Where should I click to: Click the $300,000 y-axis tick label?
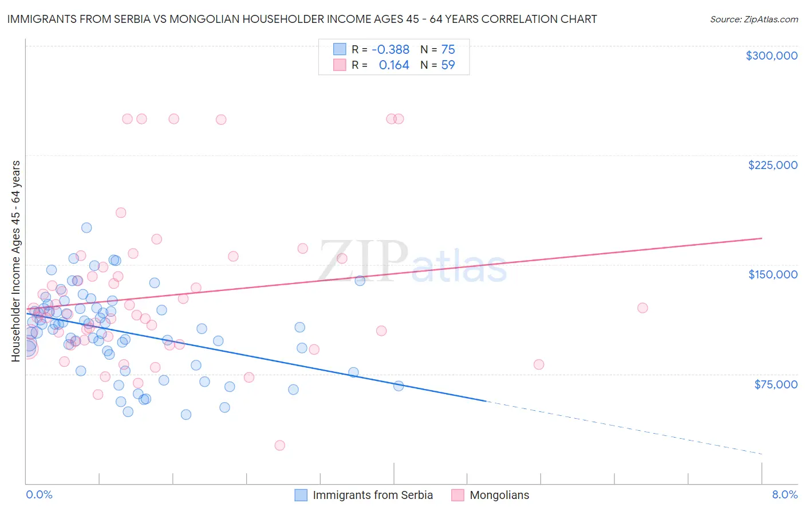[771, 56]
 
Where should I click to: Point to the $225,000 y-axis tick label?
[772, 165]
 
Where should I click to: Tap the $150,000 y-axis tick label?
[772, 274]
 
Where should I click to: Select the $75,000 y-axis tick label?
[775, 384]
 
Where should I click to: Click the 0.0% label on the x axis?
[39, 494]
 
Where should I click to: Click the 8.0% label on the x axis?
[784, 494]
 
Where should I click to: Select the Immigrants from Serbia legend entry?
[364, 495]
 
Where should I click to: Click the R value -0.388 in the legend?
[390, 50]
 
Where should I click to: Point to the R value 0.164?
[394, 65]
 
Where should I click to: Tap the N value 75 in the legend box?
[448, 50]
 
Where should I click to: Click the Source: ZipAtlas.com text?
[753, 19]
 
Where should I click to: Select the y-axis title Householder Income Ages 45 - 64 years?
[16, 261]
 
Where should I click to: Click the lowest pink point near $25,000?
[279, 445]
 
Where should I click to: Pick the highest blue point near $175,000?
[86, 227]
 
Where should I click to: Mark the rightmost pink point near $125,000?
[642, 308]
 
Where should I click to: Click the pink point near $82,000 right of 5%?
[538, 364]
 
